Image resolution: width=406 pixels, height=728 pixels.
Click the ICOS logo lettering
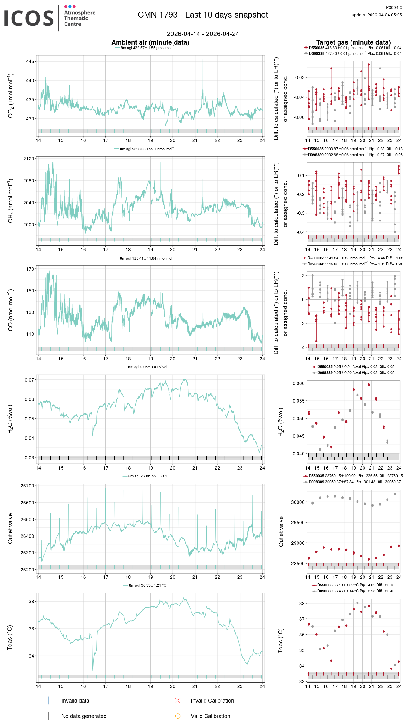click(x=29, y=18)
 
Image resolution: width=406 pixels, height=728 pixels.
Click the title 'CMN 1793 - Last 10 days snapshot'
click(x=203, y=15)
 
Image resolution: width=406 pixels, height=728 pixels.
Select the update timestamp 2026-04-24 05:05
click(x=384, y=15)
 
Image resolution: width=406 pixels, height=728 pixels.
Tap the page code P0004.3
click(x=394, y=8)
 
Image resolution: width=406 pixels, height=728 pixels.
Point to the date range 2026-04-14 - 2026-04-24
click(x=203, y=34)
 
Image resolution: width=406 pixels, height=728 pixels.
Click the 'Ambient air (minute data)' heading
click(x=150, y=42)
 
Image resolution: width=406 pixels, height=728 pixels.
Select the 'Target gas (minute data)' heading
click(x=353, y=42)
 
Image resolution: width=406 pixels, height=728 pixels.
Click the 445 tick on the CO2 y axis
click(x=30, y=62)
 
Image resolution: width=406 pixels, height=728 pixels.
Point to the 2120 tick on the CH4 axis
click(x=29, y=159)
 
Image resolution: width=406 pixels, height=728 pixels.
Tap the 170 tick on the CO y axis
click(x=30, y=269)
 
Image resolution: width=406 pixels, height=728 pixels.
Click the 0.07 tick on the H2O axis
click(x=29, y=380)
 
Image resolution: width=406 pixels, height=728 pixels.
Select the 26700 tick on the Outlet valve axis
click(x=27, y=486)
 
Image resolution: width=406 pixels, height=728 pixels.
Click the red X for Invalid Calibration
click(x=178, y=700)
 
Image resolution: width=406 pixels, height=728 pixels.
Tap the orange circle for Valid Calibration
click(x=178, y=716)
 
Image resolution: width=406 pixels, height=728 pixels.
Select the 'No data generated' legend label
click(x=84, y=716)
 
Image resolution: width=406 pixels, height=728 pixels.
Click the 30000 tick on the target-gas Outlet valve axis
click(x=298, y=502)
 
